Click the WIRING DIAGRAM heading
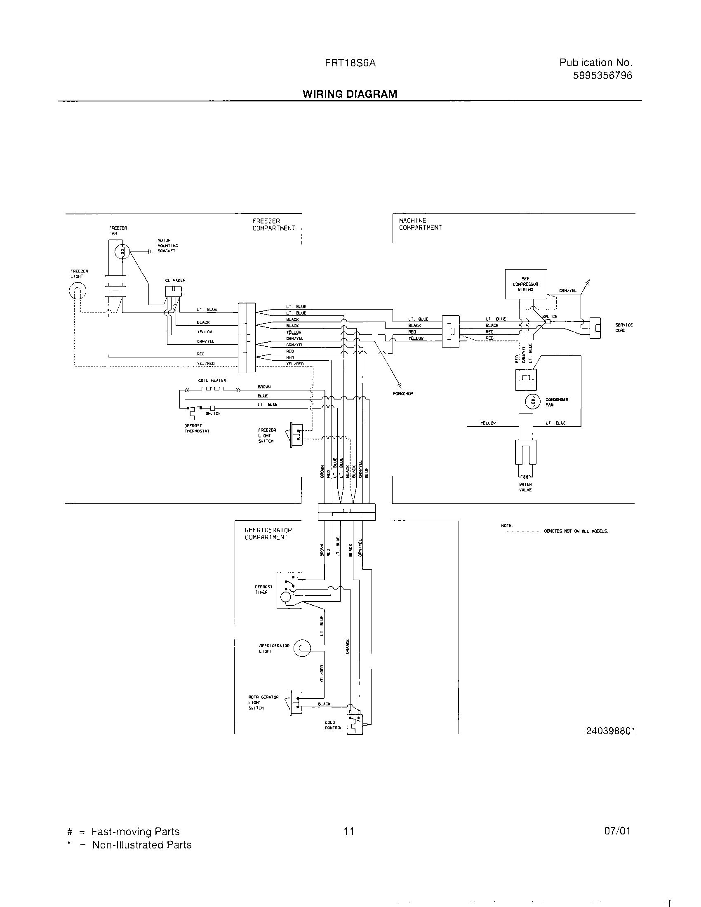(x=350, y=94)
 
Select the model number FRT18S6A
(x=350, y=63)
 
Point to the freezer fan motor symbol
(x=122, y=251)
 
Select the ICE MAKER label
(x=174, y=280)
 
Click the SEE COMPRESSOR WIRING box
(x=525, y=284)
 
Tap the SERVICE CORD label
(x=623, y=328)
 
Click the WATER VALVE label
(x=525, y=487)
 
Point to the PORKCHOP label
(x=402, y=394)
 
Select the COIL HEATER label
(x=212, y=381)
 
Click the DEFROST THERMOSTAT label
(x=197, y=428)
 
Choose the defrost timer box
(x=289, y=590)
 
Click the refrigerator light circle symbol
(x=302, y=648)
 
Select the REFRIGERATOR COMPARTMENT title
(x=268, y=533)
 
